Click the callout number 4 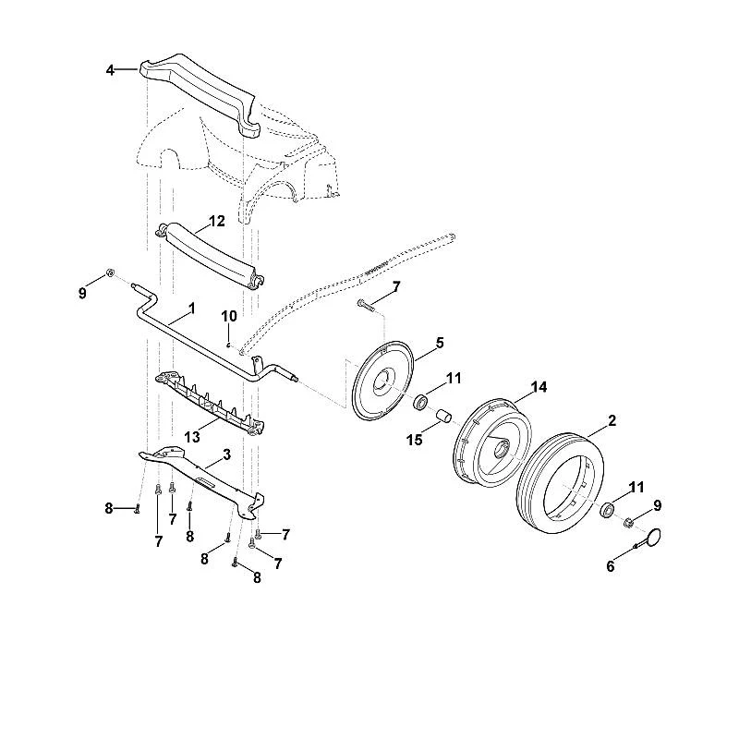[x=110, y=71]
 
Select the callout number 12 [x=217, y=221]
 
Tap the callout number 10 [x=229, y=316]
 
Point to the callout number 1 [x=191, y=309]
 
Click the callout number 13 [x=192, y=437]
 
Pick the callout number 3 [x=226, y=454]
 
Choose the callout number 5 [x=440, y=343]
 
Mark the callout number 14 [x=539, y=387]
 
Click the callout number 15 [x=414, y=440]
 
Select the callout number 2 [x=612, y=420]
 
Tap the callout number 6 [x=611, y=566]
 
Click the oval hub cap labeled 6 [x=653, y=539]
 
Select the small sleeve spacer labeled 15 [x=443, y=417]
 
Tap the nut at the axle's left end [x=111, y=273]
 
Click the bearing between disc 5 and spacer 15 [x=420, y=403]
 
